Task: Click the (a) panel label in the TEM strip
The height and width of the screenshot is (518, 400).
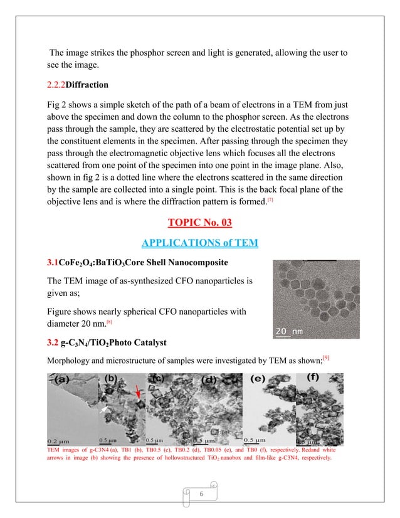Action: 62,379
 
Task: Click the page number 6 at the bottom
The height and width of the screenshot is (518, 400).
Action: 201,495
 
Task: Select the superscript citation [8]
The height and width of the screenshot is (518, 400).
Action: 109,322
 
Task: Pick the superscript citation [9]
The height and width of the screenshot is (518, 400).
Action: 325,357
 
